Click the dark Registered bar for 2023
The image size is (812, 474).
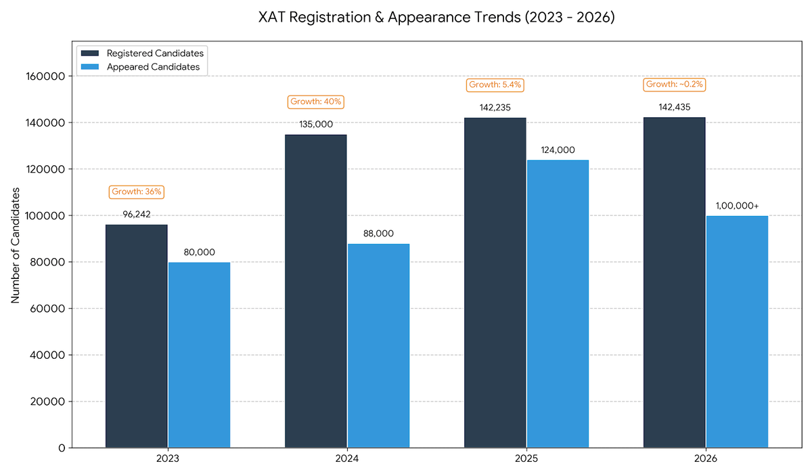(x=137, y=336)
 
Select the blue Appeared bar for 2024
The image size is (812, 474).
(x=378, y=345)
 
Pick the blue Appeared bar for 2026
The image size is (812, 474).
(x=737, y=332)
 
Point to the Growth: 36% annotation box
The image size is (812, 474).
(x=137, y=192)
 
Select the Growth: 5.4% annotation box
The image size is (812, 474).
(x=495, y=85)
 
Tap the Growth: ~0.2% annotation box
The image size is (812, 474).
(x=674, y=85)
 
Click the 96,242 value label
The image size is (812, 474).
(x=137, y=214)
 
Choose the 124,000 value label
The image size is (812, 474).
(x=558, y=150)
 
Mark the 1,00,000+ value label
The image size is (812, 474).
(x=737, y=205)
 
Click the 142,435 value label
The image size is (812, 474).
(x=674, y=106)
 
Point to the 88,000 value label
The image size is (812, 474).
(x=378, y=233)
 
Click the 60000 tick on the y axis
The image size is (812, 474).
(x=49, y=309)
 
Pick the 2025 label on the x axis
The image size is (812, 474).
(x=526, y=458)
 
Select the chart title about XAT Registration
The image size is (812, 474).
(x=436, y=18)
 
